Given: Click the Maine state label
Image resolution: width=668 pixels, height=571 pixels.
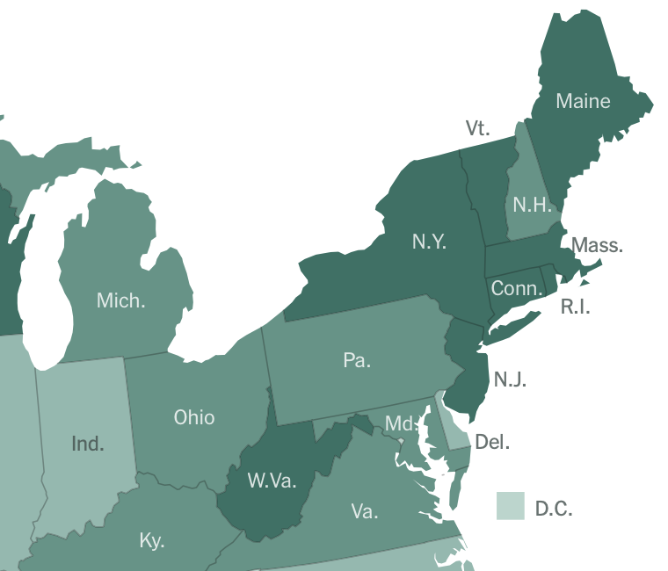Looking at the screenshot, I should [583, 101].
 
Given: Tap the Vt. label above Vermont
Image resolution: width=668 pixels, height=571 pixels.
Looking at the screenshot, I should [477, 128].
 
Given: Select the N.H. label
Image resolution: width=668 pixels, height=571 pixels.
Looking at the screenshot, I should [533, 206].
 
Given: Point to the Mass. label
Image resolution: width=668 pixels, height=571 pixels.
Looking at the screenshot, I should [597, 245].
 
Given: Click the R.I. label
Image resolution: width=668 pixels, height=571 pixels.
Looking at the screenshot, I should [576, 307].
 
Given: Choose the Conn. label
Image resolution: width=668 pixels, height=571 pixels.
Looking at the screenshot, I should [517, 289].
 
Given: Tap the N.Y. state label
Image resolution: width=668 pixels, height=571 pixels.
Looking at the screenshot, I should [430, 242].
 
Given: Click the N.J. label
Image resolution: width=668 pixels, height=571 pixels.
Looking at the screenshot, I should [510, 379].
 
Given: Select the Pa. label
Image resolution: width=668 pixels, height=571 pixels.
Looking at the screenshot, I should [357, 360].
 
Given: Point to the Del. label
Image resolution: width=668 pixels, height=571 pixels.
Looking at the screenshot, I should [492, 442].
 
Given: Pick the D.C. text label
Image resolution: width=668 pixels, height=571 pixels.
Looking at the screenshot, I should [554, 509].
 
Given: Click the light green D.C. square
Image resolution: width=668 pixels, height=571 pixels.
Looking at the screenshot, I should [510, 506].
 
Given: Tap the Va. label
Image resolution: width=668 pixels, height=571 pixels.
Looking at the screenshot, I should [364, 511].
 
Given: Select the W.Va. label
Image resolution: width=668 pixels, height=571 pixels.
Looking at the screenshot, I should [272, 481].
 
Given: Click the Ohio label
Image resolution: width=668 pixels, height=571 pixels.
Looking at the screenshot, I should [194, 416].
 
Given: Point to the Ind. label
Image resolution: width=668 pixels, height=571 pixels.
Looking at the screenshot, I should [88, 443].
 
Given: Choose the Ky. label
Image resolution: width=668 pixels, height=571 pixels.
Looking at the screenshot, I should [152, 540].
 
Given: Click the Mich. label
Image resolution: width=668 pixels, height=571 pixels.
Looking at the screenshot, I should [121, 300].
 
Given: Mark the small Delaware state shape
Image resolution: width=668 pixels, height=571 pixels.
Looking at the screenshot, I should [453, 426].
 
